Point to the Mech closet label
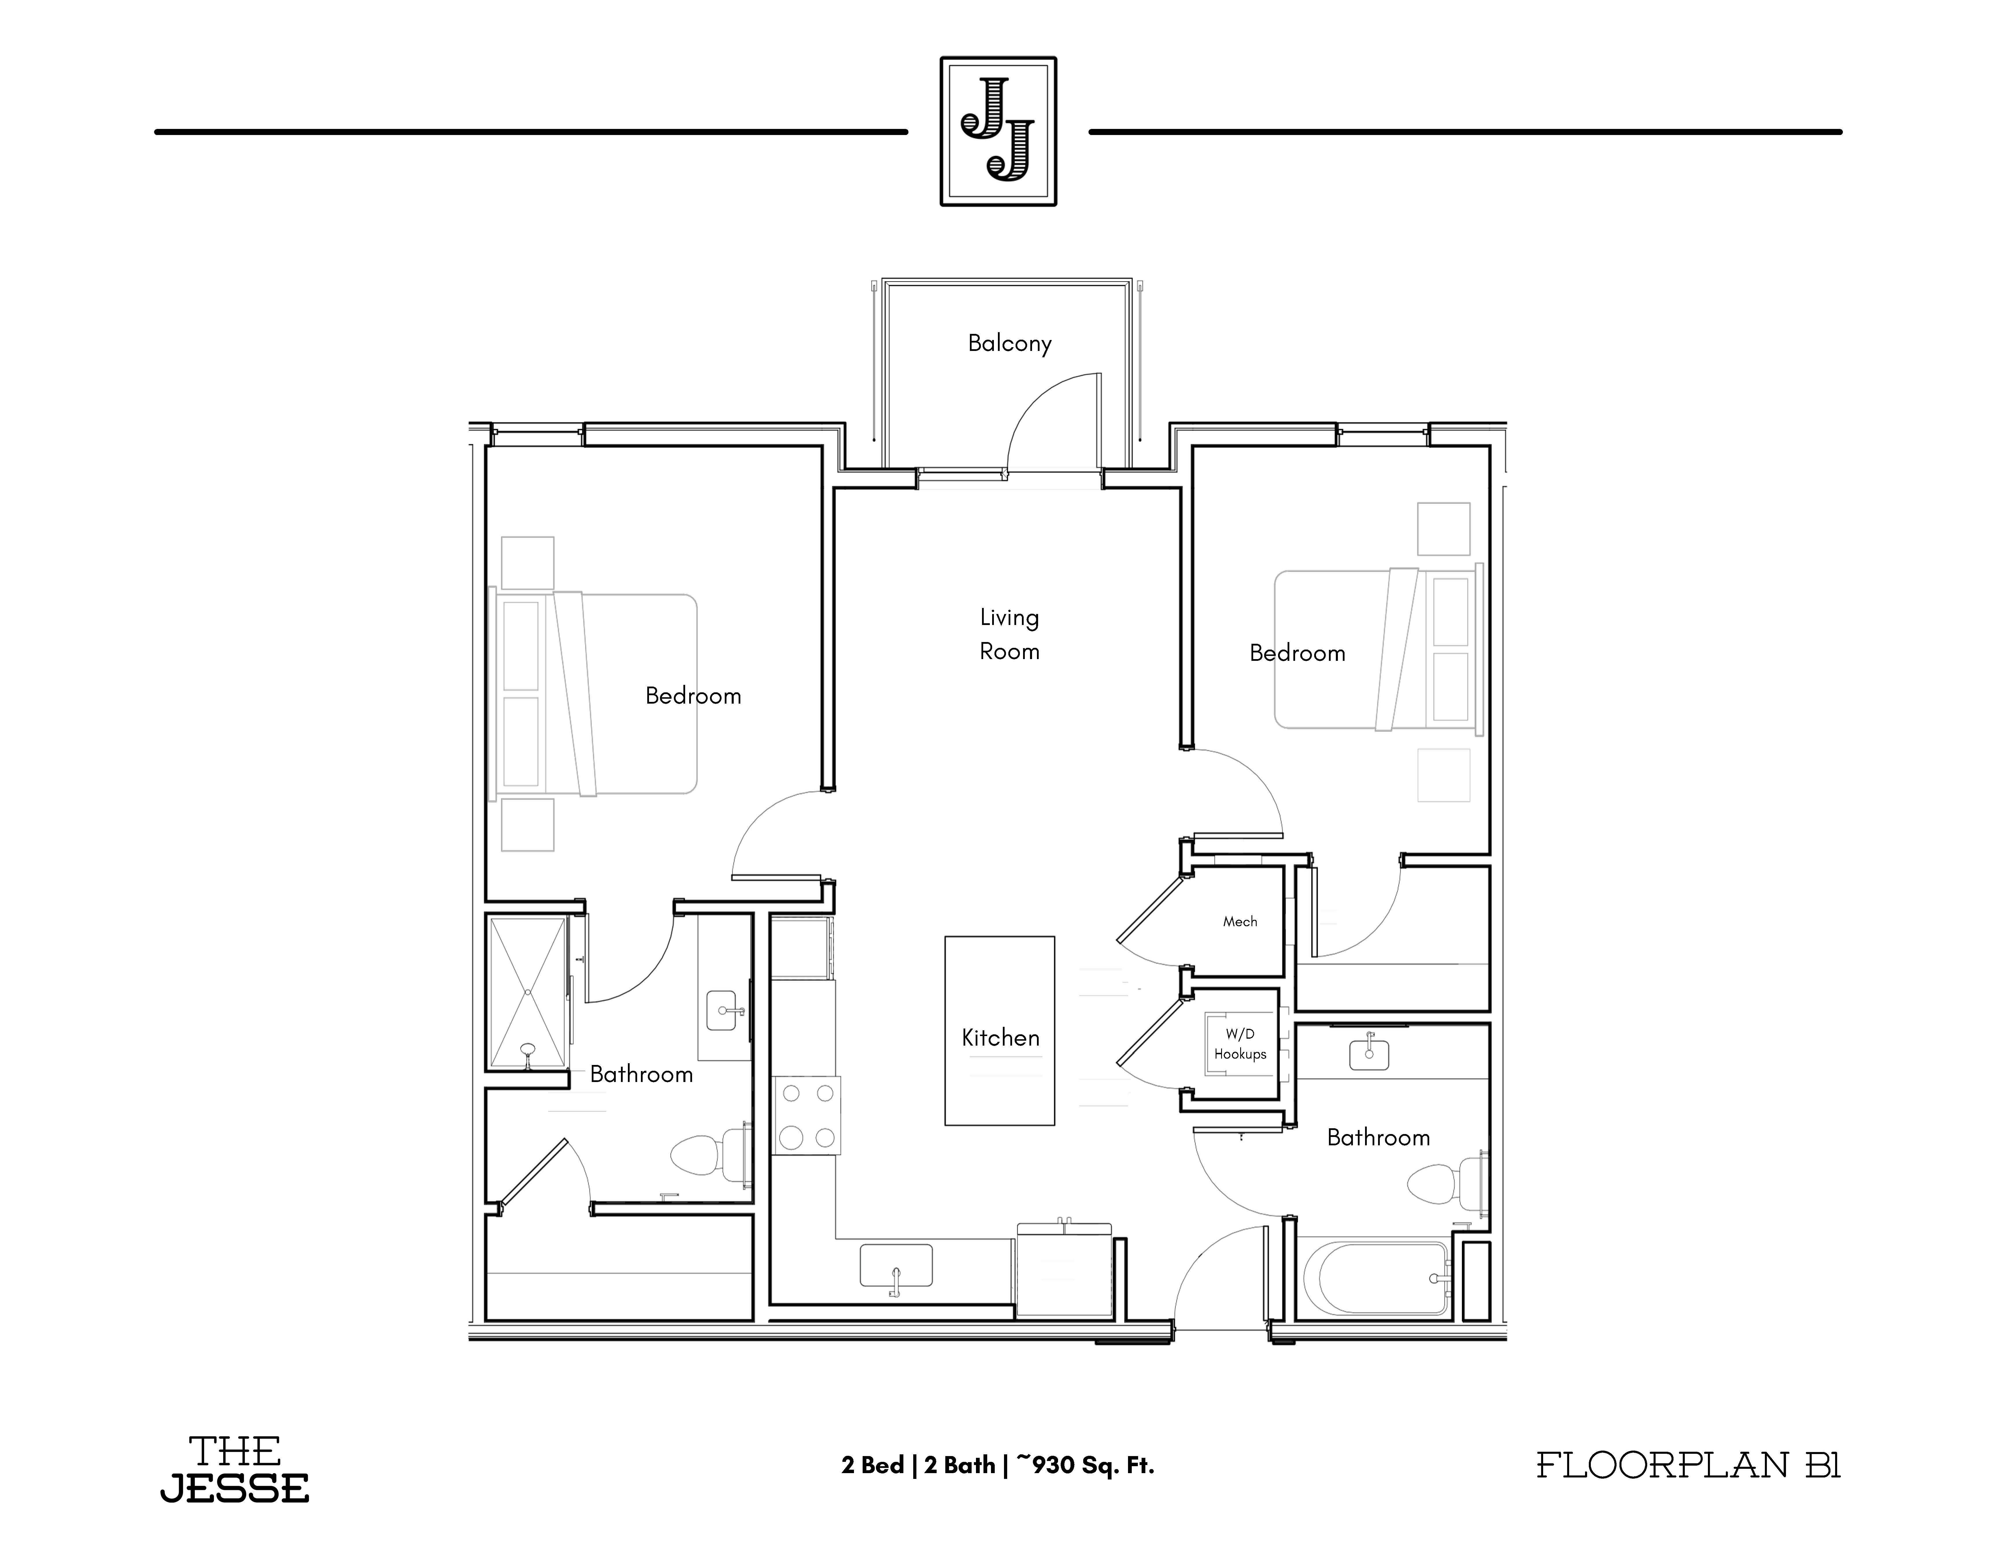pyautogui.click(x=1240, y=922)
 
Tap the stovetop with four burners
pyautogui.click(x=807, y=1116)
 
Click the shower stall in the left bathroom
pyautogui.click(x=528, y=992)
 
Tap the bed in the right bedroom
pyautogui.click(x=1376, y=650)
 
